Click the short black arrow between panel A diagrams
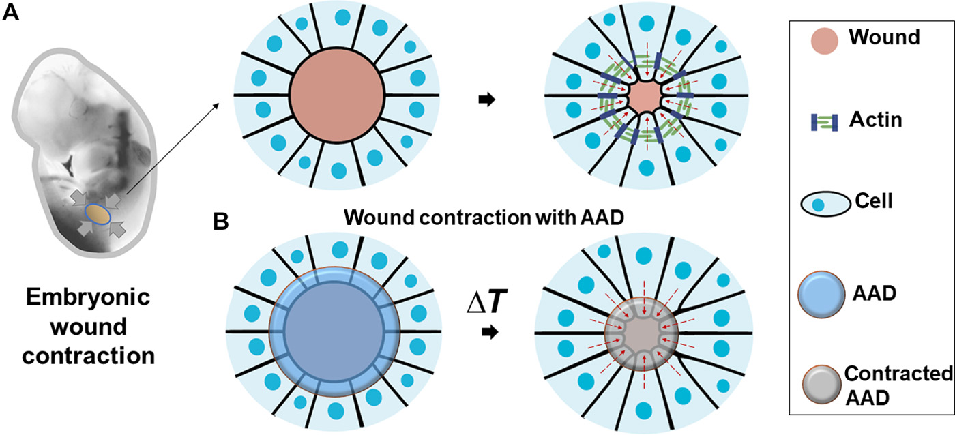[x=486, y=100]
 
